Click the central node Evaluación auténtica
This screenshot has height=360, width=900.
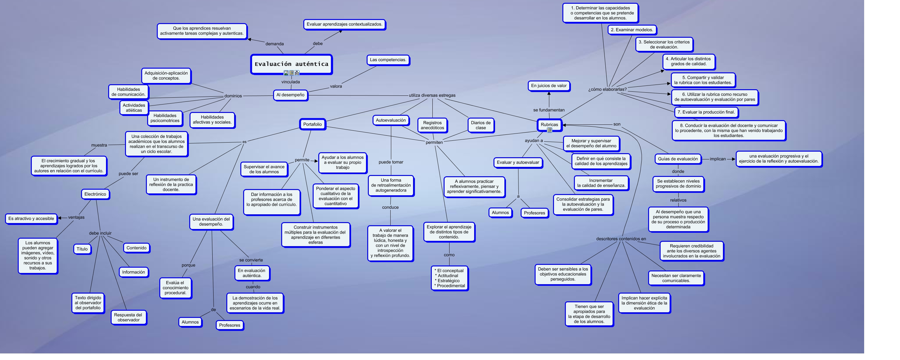[x=291, y=64]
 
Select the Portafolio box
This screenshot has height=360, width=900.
[x=312, y=124]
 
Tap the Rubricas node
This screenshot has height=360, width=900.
[x=549, y=124]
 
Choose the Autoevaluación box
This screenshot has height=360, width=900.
[x=391, y=120]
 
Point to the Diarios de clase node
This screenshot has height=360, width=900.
[x=480, y=125]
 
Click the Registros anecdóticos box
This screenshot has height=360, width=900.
[x=432, y=125]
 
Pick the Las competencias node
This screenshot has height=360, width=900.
[x=388, y=60]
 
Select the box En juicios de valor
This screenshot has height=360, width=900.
[x=549, y=85]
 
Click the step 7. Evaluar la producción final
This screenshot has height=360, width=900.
[x=706, y=112]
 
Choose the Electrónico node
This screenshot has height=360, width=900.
[x=95, y=194]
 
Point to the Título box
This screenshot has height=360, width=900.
[x=82, y=249]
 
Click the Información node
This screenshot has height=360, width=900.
[x=133, y=272]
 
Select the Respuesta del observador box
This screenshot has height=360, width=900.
[x=128, y=317]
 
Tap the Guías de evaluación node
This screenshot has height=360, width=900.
[x=677, y=159]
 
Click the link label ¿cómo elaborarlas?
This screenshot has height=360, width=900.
[x=607, y=90]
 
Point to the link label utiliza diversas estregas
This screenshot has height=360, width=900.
[x=432, y=95]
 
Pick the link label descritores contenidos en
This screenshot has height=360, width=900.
[x=621, y=239]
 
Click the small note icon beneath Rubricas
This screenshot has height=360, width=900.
[x=550, y=130]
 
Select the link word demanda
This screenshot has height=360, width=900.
[x=274, y=44]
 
